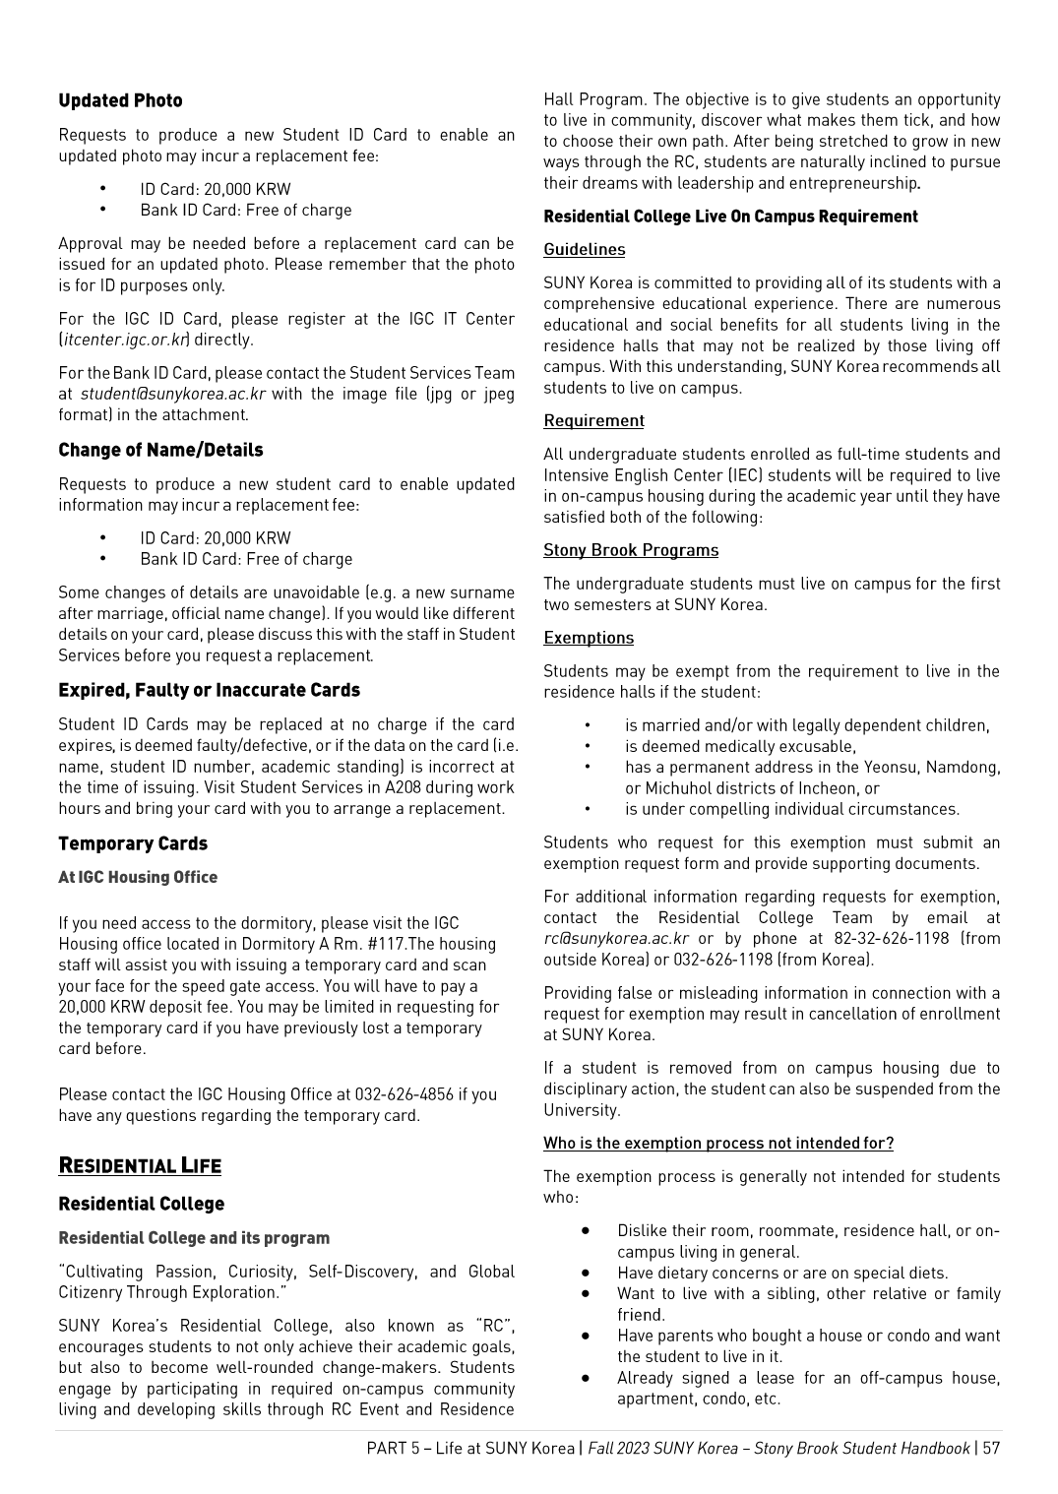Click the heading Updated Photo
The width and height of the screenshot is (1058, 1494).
[120, 100]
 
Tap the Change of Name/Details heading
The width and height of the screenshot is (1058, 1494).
[160, 450]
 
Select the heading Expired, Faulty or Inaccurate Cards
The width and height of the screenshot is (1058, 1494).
[209, 690]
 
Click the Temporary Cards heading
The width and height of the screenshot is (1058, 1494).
[133, 843]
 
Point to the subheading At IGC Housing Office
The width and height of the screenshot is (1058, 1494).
[138, 877]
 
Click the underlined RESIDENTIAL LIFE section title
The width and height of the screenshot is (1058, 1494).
[140, 1166]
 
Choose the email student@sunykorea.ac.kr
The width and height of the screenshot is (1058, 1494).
[173, 394]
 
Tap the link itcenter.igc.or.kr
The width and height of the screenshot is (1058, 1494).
[124, 340]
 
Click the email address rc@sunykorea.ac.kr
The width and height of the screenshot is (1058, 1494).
[616, 938]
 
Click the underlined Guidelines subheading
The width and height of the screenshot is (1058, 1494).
[585, 250]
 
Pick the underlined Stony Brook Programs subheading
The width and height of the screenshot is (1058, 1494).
[631, 550]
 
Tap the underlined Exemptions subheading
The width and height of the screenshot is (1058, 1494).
[589, 638]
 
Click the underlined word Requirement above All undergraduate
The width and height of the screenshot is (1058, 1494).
[593, 421]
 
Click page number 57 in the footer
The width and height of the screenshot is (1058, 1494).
[990, 1448]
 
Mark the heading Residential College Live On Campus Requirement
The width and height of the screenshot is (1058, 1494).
[730, 217]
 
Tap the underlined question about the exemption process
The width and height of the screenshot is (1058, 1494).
[718, 1144]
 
